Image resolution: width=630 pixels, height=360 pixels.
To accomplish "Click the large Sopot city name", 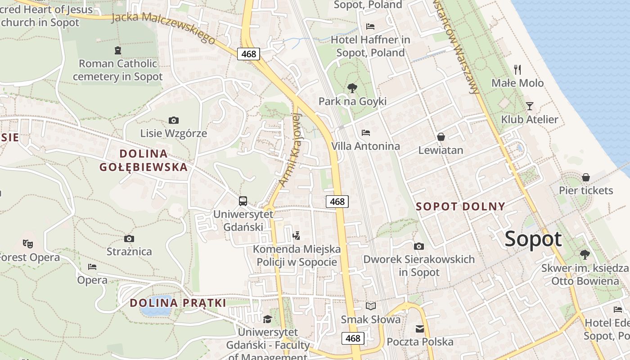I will pos(533,239).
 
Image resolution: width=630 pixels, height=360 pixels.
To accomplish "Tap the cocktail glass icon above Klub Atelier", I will pos(530,106).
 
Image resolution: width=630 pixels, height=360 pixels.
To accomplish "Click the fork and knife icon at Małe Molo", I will pos(517,69).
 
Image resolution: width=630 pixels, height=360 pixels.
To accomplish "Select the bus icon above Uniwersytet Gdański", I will pos(243,201).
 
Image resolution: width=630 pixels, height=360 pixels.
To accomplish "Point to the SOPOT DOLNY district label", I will pos(460,207).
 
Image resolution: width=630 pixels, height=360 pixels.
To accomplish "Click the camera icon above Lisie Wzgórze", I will pos(174,120).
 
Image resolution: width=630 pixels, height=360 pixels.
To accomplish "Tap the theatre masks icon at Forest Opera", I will pos(28,244).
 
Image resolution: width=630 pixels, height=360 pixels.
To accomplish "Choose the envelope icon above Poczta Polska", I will pos(420,329).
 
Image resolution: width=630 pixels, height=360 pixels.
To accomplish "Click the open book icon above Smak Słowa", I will pos(371,306).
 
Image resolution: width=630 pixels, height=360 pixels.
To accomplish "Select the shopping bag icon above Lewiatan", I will pos(441,137).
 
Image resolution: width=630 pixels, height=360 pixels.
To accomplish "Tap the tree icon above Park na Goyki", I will pos(352,88).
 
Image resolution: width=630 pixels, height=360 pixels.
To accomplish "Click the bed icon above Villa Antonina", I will pos(366,133).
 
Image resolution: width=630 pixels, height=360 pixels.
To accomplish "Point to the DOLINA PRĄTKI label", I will pos(178,303).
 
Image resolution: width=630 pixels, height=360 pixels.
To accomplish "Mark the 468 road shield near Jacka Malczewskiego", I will pos(248,54).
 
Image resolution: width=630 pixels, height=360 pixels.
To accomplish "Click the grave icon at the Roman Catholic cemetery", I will pos(118,50).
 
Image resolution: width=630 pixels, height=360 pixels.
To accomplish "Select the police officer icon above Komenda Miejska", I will pos(296,235).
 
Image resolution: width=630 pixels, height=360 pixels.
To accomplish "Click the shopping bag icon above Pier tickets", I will pos(586,177).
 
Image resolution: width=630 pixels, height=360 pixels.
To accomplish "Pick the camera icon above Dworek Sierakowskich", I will pos(419,246).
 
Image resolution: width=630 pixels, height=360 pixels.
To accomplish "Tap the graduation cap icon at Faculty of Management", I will pos(268,319).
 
